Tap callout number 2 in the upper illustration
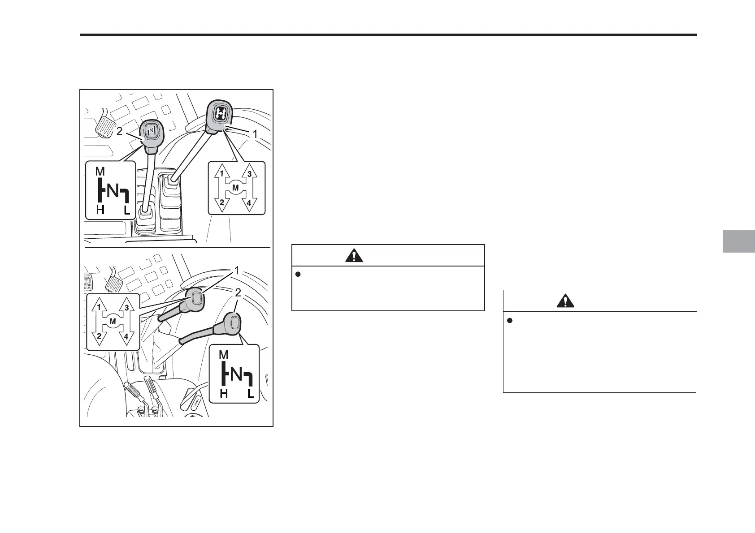pyautogui.click(x=119, y=132)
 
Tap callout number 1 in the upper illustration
pyautogui.click(x=255, y=133)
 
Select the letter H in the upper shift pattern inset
pyautogui.click(x=100, y=210)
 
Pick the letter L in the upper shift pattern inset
pyautogui.click(x=127, y=210)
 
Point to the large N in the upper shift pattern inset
pyautogui.click(x=113, y=191)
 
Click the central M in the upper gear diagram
pyautogui.click(x=235, y=188)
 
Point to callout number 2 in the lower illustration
pyautogui.click(x=239, y=292)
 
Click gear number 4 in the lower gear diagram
pyautogui.click(x=126, y=336)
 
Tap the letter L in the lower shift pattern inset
pyautogui.click(x=251, y=394)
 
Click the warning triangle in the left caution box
pyautogui.click(x=354, y=256)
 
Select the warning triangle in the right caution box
pyautogui.click(x=565, y=301)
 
